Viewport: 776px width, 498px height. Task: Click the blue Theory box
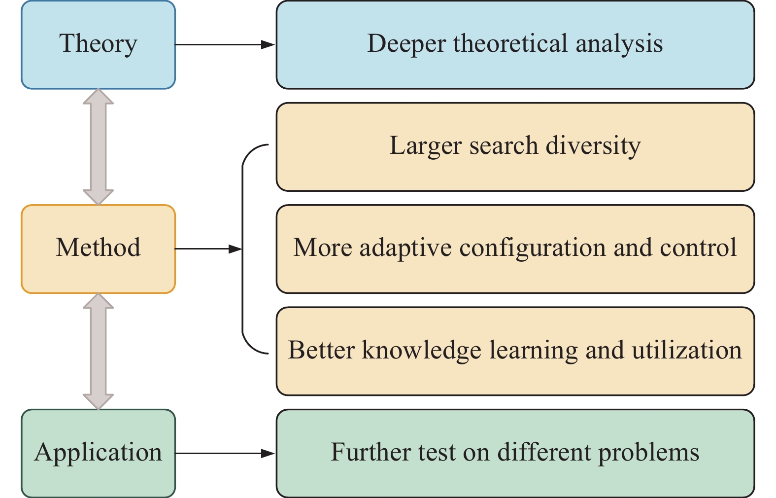98,44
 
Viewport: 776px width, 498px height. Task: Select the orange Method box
98,249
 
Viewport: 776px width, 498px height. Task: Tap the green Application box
98,453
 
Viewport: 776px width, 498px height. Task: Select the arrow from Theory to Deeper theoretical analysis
225,45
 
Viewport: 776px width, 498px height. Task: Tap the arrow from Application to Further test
225,453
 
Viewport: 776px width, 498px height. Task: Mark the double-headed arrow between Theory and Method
99,146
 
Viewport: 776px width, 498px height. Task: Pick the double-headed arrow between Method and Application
99,351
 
